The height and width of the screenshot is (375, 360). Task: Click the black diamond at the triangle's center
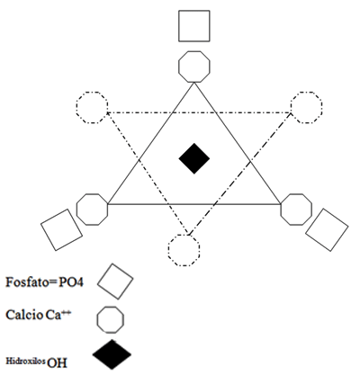(x=194, y=158)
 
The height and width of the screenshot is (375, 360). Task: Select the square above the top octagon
(x=194, y=26)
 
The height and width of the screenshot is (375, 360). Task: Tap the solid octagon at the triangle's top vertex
(x=194, y=67)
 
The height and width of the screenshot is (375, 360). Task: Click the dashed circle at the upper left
(x=92, y=107)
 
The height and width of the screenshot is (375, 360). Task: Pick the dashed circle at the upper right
(x=306, y=107)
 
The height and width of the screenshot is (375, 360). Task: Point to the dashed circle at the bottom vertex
(x=184, y=250)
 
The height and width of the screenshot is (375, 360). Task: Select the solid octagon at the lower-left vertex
(x=92, y=210)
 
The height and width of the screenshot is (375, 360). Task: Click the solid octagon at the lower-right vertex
(x=296, y=210)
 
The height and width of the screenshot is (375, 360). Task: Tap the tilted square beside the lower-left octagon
(x=61, y=229)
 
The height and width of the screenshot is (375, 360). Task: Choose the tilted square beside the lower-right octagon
(x=327, y=230)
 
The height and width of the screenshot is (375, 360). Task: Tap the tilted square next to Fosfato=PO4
(x=115, y=281)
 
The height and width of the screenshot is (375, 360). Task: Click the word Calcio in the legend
(x=24, y=315)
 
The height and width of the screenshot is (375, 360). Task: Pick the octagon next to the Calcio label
(x=110, y=319)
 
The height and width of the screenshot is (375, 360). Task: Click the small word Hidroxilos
(x=26, y=361)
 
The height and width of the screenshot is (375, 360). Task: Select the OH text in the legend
(x=57, y=363)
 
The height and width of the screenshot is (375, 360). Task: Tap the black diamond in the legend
(x=112, y=354)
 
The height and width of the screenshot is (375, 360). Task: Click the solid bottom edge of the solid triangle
(x=194, y=204)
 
